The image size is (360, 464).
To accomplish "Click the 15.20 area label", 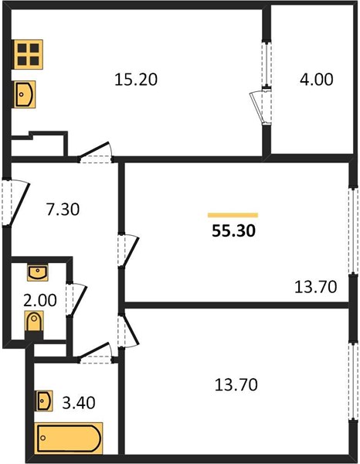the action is pyautogui.click(x=136, y=80).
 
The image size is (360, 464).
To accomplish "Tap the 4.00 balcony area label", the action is pyautogui.click(x=316, y=80).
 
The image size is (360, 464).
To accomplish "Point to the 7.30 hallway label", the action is pyautogui.click(x=63, y=210).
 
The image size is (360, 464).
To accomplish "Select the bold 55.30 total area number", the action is pyautogui.click(x=233, y=231).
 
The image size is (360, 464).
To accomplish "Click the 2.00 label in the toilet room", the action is pyautogui.click(x=40, y=300).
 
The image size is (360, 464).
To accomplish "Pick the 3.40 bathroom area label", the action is pyautogui.click(x=79, y=403).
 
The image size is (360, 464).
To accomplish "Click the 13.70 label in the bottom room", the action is pyautogui.click(x=236, y=385).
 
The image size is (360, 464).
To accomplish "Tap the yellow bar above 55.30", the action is pyautogui.click(x=233, y=215).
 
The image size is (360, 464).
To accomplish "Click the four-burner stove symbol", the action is pyautogui.click(x=28, y=54).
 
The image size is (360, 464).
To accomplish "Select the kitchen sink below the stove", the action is pyautogui.click(x=24, y=94).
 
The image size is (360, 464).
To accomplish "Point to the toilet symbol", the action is pyautogui.click(x=34, y=322).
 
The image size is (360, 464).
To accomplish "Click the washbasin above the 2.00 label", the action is pyautogui.click(x=38, y=273).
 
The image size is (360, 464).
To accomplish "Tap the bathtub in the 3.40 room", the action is pyautogui.click(x=69, y=438).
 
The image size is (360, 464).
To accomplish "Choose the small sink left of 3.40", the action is pyautogui.click(x=44, y=401).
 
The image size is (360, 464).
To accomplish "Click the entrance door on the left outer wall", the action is pyautogui.click(x=15, y=203).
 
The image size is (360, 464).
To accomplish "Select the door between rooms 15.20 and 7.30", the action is pyautogui.click(x=96, y=153).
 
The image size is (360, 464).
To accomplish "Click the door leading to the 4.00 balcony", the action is pyautogui.click(x=261, y=107).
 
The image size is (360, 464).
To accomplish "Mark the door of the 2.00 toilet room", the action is pyautogui.click(x=76, y=300).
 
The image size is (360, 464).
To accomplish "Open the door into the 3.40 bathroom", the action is pyautogui.click(x=96, y=353).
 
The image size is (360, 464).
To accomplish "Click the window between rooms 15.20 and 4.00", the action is pyautogui.click(x=268, y=64).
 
